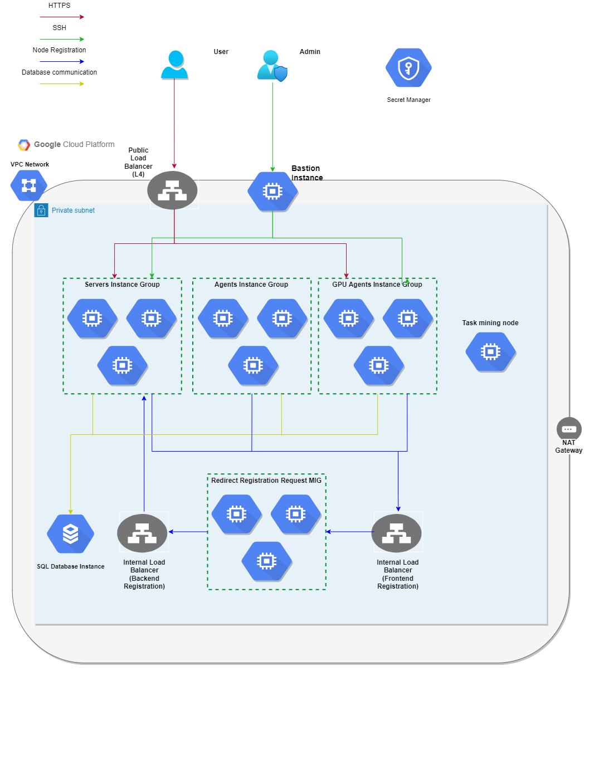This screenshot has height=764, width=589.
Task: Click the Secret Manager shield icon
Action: (408, 68)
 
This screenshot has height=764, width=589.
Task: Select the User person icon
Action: (174, 65)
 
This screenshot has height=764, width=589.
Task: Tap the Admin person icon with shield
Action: (272, 66)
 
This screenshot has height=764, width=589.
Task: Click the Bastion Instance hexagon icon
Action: (272, 192)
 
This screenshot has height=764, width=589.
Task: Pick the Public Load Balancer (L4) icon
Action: (172, 190)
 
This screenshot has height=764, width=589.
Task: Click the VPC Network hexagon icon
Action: (29, 185)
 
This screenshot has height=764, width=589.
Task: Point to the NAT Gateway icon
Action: (568, 429)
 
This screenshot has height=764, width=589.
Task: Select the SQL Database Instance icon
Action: (70, 533)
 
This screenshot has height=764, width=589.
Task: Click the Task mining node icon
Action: (490, 352)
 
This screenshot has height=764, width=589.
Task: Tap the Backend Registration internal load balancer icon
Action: (143, 533)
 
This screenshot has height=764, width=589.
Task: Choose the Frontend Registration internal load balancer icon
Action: (397, 533)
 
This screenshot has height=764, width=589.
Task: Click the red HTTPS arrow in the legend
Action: (62, 17)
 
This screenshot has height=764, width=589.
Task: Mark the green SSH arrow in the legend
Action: (62, 40)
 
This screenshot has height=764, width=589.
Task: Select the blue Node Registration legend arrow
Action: (62, 62)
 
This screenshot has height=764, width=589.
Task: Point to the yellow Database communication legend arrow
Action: (62, 84)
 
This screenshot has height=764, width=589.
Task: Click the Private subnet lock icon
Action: (41, 210)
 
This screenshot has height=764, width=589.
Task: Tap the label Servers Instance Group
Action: (122, 285)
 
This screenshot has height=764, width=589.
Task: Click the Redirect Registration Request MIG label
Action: (266, 481)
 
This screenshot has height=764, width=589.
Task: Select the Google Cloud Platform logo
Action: (24, 145)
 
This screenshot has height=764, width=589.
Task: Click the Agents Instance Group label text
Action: (251, 285)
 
